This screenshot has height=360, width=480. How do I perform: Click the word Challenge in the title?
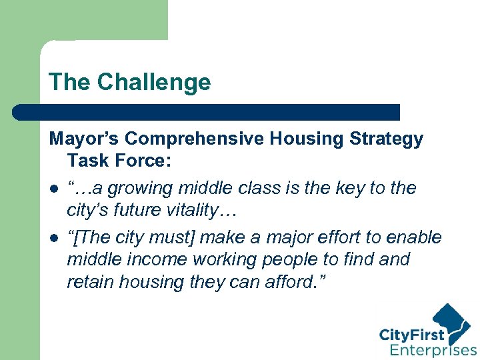click(153, 82)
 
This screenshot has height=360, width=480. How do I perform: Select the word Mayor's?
click(84, 139)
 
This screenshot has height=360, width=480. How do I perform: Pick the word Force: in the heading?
click(143, 161)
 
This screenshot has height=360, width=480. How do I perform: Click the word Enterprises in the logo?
click(433, 349)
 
